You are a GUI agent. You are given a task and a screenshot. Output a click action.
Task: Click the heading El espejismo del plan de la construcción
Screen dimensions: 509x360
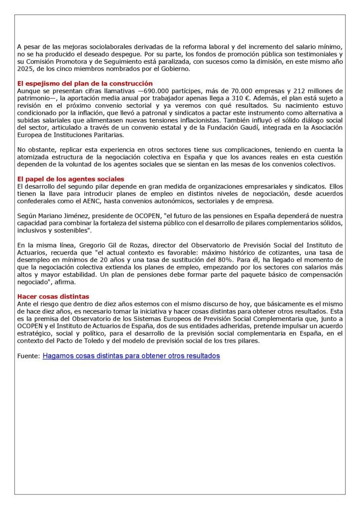[x=85, y=84]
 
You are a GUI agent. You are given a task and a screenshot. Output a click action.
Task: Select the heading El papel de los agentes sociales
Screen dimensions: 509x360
[x=71, y=178]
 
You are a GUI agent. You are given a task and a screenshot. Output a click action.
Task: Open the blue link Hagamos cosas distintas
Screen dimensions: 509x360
[x=131, y=356]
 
